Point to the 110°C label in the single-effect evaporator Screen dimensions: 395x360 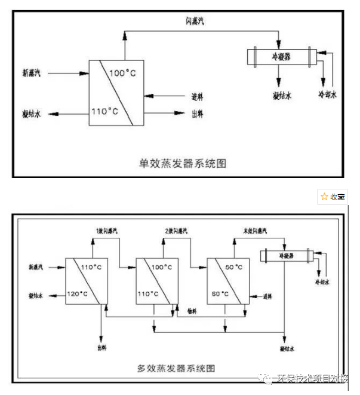click(x=104, y=111)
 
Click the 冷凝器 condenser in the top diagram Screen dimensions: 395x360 click(x=281, y=58)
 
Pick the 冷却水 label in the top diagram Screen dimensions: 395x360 click(x=327, y=94)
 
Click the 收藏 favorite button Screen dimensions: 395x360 click(x=333, y=197)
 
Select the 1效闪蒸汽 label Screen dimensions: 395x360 click(x=108, y=231)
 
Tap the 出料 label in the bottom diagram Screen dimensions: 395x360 click(x=101, y=348)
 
